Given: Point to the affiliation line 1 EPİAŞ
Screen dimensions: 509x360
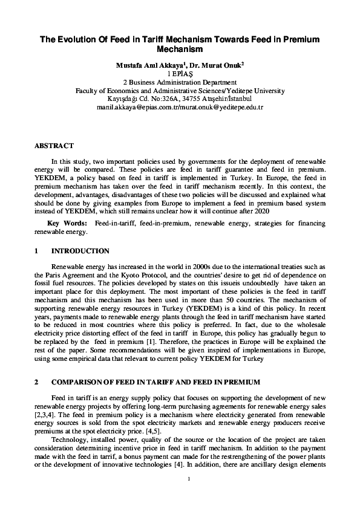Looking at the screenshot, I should [180, 73].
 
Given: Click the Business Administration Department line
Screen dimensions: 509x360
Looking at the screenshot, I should [180, 82].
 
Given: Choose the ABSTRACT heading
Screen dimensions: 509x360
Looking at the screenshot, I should [54, 146].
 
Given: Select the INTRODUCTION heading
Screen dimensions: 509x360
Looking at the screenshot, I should [80, 251].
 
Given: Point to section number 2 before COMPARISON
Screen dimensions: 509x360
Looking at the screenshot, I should [36, 382].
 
